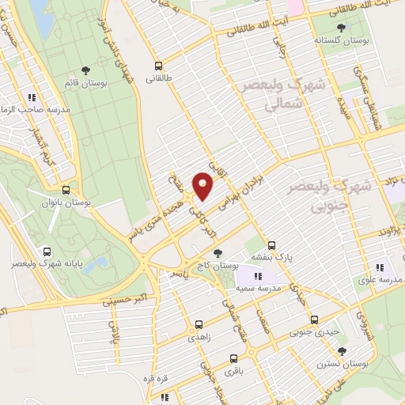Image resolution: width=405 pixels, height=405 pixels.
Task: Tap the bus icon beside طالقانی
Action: (159, 66)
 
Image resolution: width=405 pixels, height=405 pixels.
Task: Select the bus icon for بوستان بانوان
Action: (66, 190)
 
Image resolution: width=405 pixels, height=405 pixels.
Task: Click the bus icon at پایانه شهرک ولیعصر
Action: (49, 248)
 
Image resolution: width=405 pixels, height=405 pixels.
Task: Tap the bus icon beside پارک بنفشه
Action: (272, 245)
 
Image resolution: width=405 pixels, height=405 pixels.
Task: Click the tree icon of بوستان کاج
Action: (218, 253)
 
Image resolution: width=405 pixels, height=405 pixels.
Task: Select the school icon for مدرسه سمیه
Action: (256, 275)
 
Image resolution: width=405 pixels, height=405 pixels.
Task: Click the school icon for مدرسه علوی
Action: (380, 267)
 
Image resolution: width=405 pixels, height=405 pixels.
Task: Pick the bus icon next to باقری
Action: (233, 357)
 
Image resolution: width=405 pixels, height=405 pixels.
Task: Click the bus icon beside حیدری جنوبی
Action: (315, 320)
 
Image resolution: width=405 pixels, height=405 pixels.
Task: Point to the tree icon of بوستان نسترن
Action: (342, 350)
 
